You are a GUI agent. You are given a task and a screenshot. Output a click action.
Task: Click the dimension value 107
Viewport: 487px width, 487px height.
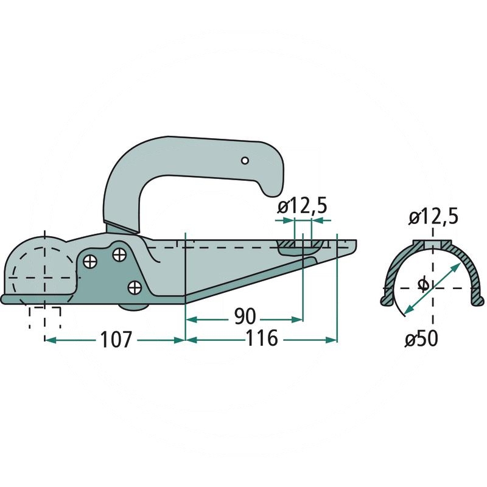tap(116, 340)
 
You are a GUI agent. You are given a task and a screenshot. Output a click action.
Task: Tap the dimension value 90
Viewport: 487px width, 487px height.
tap(245, 317)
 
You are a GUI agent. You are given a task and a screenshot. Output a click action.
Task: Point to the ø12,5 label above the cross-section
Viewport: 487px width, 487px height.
tap(433, 217)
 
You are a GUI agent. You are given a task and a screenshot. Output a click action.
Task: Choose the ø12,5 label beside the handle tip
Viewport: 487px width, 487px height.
tap(302, 207)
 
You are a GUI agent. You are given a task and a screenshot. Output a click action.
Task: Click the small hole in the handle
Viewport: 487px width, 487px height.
tap(245, 161)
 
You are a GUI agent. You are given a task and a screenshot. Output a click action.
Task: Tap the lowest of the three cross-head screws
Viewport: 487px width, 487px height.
tap(135, 287)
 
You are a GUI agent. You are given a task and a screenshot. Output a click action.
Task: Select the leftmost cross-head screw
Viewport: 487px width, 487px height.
tap(90, 261)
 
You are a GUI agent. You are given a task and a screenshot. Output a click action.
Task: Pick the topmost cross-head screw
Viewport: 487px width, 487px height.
tap(119, 254)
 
